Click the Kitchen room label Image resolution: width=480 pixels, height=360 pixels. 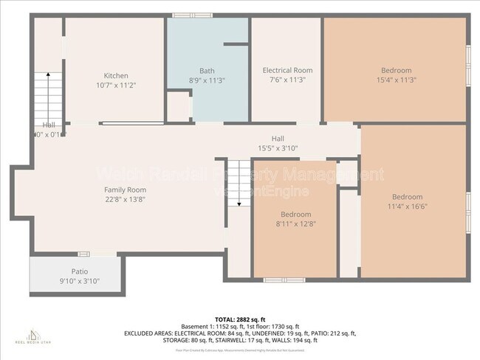pos(116,75)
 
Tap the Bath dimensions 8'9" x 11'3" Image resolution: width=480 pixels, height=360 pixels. pos(206,80)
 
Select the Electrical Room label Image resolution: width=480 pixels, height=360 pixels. pos(287,70)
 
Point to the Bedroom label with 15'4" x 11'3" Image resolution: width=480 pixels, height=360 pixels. pos(396,70)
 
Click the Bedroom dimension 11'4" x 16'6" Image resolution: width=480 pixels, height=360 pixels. pos(407,207)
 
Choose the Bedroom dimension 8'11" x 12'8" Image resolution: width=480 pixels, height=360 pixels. pos(295,224)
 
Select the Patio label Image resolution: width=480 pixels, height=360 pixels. pos(79,271)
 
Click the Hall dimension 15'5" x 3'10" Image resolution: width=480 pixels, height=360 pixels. pos(277,148)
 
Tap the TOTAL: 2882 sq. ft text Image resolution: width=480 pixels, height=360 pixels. pos(240,319)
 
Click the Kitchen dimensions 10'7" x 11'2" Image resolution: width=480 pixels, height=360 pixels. pos(116,86)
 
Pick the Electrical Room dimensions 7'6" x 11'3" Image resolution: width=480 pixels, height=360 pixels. pos(287,80)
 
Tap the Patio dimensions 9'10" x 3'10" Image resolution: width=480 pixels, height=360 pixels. pos(79,281)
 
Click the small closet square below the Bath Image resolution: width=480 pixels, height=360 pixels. pos(178,105)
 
